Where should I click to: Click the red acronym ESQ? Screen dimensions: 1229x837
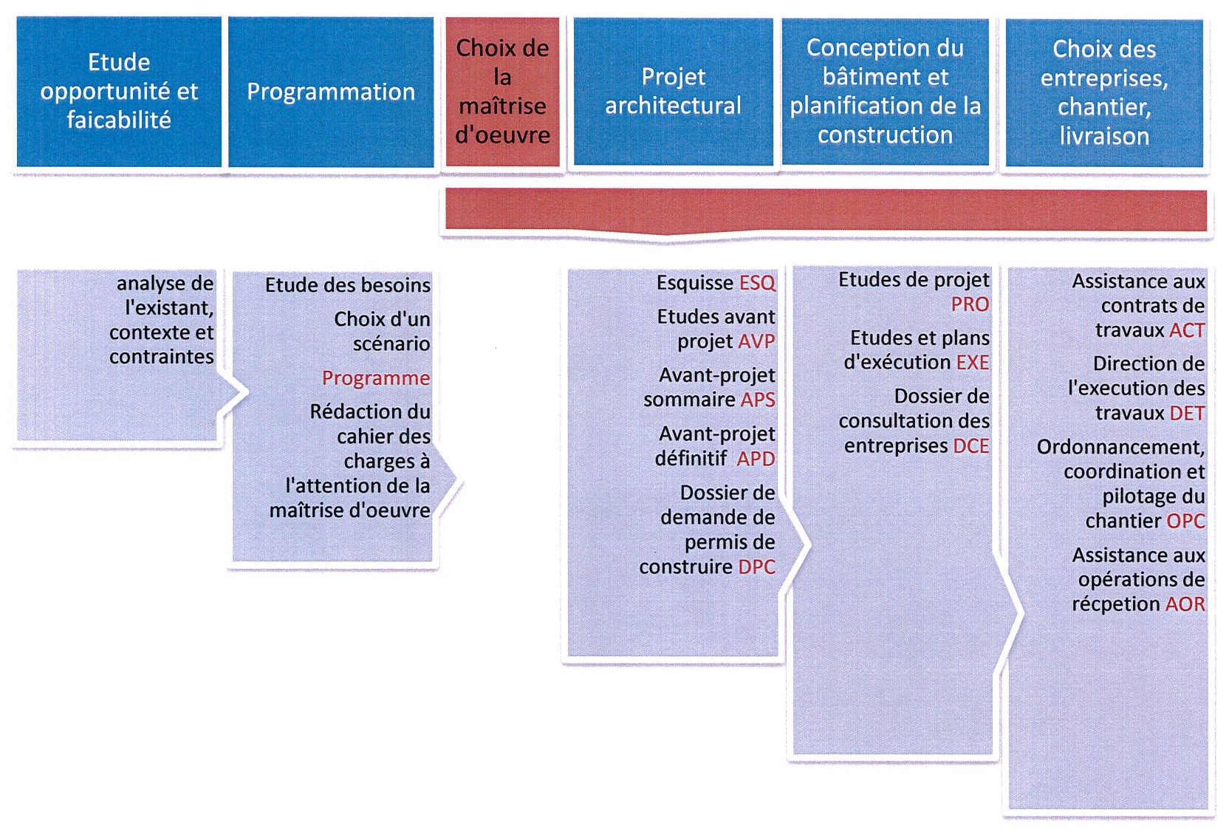[x=757, y=283]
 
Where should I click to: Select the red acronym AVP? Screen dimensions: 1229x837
[x=756, y=341]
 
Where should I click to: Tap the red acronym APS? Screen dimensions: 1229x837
[x=758, y=400]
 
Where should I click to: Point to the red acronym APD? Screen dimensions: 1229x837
[x=756, y=458]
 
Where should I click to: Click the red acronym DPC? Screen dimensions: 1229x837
[x=756, y=567]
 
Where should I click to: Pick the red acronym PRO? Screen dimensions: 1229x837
[x=970, y=304]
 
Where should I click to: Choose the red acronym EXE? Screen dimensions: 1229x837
[x=973, y=362]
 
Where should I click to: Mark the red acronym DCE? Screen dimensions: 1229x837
[x=971, y=445]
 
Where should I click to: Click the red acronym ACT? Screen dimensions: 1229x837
[x=1188, y=330]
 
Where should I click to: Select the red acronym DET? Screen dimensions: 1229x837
[x=1188, y=413]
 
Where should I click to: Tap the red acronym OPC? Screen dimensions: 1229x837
[x=1185, y=521]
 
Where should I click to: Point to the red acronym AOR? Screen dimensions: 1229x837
[x=1185, y=604]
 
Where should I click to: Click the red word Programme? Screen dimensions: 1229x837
[x=376, y=378]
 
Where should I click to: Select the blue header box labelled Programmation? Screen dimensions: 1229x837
[x=331, y=92]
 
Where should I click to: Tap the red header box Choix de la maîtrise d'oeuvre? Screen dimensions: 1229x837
[x=502, y=92]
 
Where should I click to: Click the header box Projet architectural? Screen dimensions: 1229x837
[x=673, y=92]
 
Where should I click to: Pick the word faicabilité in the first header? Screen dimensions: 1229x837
[x=119, y=120]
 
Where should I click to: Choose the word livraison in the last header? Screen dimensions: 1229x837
[x=1104, y=136]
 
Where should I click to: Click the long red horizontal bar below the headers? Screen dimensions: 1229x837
[x=826, y=211]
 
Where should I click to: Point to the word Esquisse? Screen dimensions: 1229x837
[x=694, y=283]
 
